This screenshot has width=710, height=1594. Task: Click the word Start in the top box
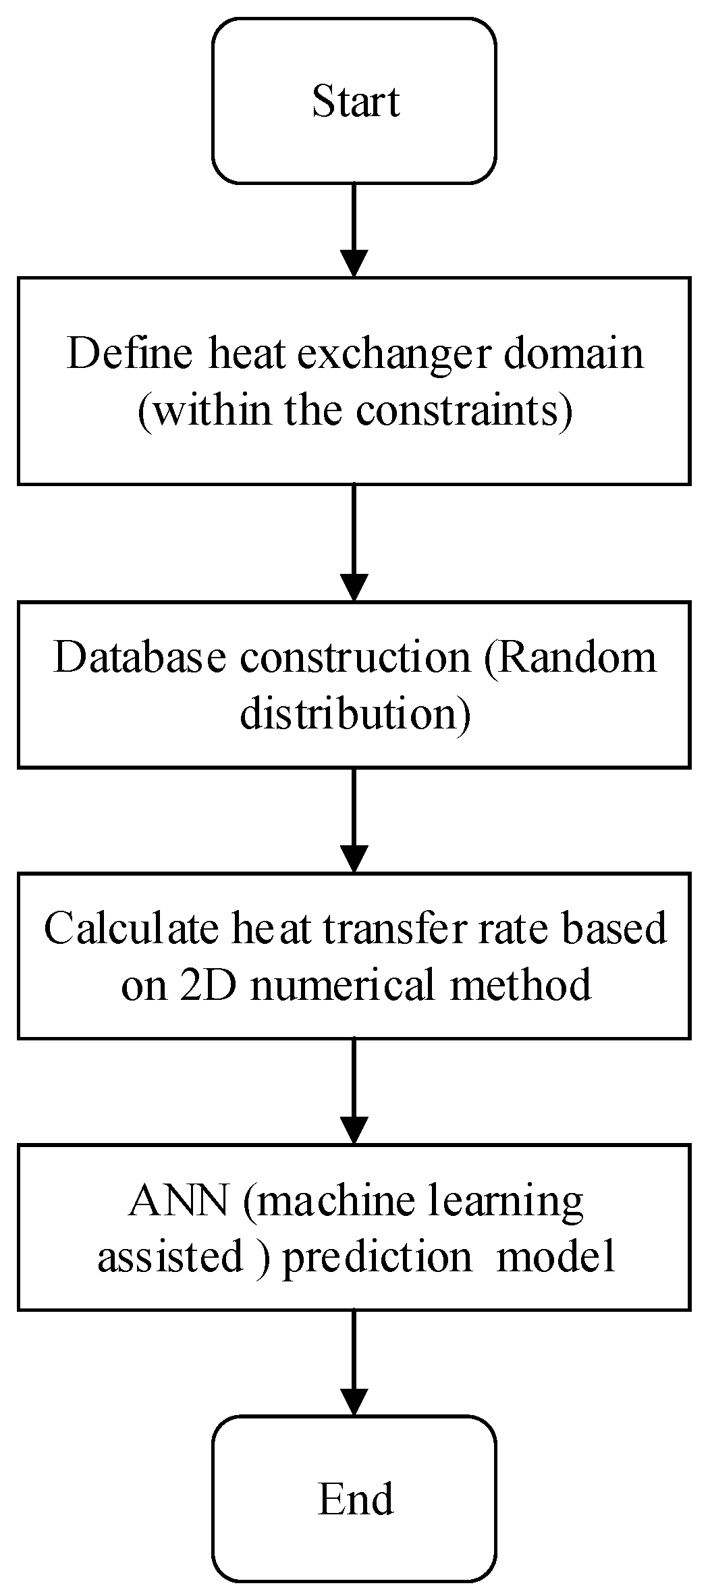click(356, 102)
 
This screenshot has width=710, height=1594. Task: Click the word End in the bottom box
click(356, 1499)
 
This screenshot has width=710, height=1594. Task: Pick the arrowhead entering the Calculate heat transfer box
click(354, 859)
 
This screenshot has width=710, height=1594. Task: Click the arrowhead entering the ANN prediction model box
click(354, 1130)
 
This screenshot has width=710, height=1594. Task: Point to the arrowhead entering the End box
click(354, 1402)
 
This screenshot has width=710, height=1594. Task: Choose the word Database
click(139, 657)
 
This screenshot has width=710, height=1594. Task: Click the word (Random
click(570, 657)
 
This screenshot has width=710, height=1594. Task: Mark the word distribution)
click(355, 714)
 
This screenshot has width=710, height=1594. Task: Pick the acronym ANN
click(178, 1201)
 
